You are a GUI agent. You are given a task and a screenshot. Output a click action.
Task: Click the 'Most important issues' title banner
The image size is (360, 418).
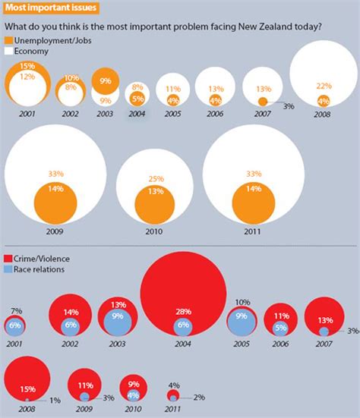point(43,8)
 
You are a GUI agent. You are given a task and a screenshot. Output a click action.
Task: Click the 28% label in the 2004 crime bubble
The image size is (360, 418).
point(184,311)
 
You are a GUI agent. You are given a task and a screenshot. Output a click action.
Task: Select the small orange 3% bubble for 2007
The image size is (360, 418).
point(263,101)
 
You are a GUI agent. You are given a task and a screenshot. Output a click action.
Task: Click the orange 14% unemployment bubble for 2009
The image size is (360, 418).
point(55,206)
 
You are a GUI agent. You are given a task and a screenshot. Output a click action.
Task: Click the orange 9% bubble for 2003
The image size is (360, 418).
point(106,81)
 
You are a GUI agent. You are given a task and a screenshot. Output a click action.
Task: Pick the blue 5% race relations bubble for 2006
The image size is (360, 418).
point(280,328)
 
